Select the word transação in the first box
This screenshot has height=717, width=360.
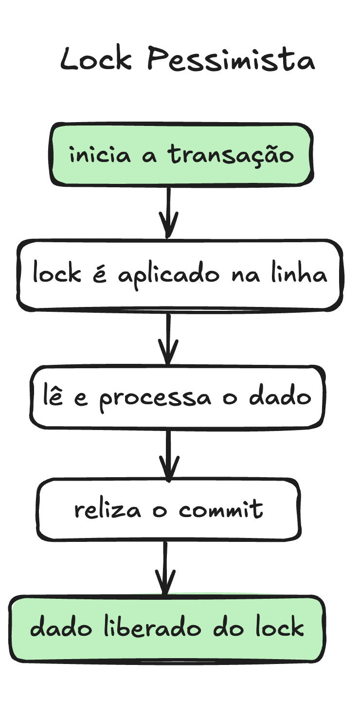pyautogui.click(x=232, y=155)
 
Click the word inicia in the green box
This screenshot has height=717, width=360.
pyautogui.click(x=100, y=155)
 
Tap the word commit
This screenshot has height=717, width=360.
pyautogui.click(x=221, y=509)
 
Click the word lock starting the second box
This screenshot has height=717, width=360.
pyautogui.click(x=56, y=274)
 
